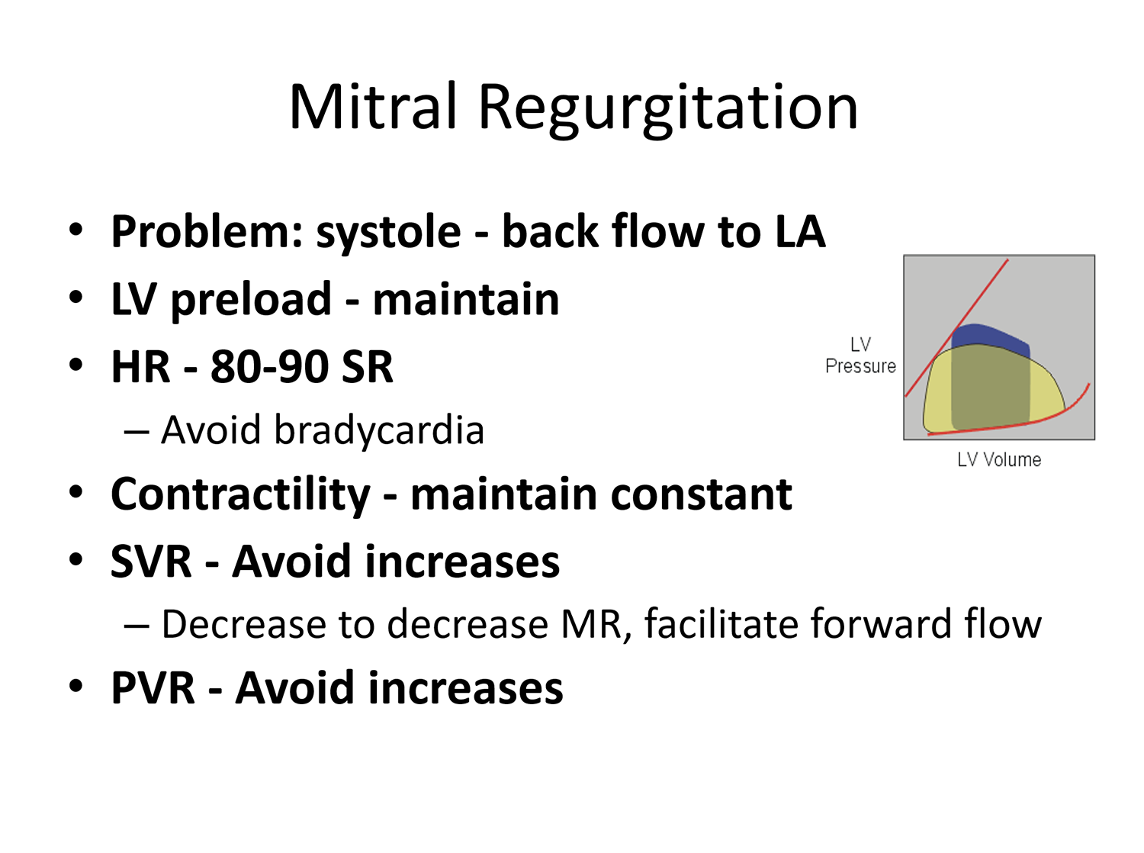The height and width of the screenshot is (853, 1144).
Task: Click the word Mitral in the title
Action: coord(373,106)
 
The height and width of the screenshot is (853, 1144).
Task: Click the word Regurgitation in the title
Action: coord(667,111)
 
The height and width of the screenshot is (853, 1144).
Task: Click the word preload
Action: coord(251,301)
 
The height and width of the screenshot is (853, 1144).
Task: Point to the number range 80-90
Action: coord(269,367)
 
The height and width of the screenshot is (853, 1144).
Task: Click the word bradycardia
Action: coord(379,431)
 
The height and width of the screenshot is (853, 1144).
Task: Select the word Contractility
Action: coord(240,495)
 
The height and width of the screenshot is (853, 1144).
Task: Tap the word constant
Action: coord(701,494)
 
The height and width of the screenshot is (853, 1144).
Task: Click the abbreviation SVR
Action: coord(151,562)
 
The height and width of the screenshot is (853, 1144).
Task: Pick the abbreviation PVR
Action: coord(153,688)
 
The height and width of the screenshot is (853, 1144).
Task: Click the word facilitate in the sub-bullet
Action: coord(721,623)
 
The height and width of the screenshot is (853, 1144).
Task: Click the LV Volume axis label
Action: coord(999,459)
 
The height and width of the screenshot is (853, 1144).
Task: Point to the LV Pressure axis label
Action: coord(860,355)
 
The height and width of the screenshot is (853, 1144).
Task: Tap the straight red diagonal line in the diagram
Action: coord(957,328)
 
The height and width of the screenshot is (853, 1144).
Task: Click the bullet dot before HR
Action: coord(76,365)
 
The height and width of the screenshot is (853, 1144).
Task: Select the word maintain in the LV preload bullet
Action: coord(466,299)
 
